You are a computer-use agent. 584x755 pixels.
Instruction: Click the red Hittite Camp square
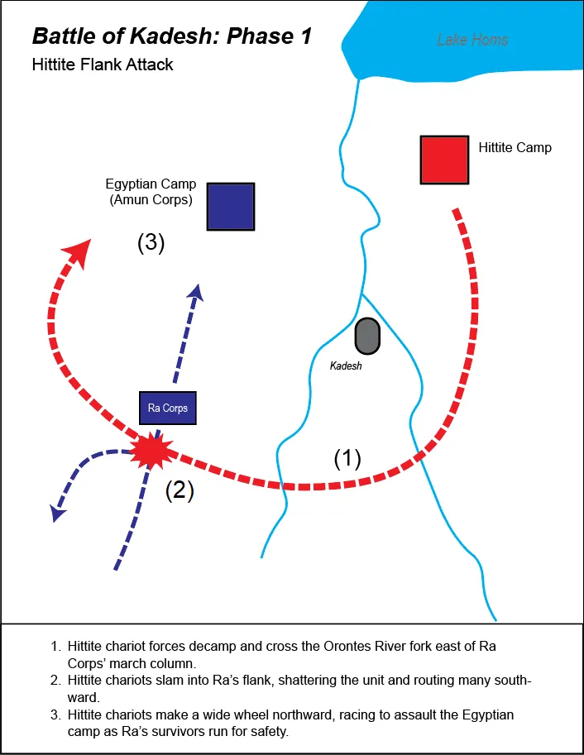click(x=445, y=160)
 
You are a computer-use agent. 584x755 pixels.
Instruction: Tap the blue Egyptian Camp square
click(x=231, y=206)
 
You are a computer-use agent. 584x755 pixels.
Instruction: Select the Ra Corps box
click(x=168, y=408)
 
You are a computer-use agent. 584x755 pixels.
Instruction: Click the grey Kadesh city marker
click(x=366, y=337)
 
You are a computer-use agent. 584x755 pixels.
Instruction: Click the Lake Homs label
click(x=472, y=40)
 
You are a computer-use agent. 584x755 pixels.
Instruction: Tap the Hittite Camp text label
click(x=515, y=148)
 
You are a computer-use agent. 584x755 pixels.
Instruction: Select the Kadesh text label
click(x=347, y=365)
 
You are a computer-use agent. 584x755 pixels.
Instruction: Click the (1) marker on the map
click(x=347, y=459)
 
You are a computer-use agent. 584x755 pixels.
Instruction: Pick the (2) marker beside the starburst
click(x=180, y=490)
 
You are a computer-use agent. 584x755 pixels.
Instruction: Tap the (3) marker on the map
click(x=151, y=243)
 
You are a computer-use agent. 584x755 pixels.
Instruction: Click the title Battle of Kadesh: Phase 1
click(x=171, y=36)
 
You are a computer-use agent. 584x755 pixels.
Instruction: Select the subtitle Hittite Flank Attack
click(x=103, y=64)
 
